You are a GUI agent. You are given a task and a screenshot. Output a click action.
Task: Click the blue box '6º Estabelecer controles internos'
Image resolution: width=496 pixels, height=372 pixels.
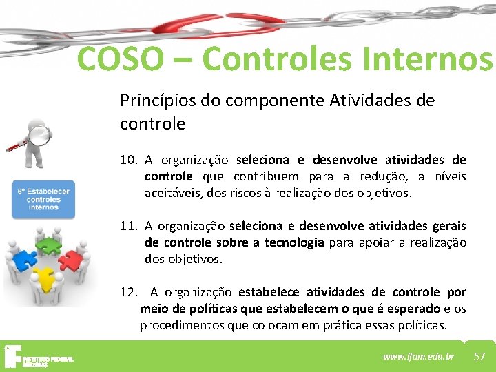[x=43, y=199]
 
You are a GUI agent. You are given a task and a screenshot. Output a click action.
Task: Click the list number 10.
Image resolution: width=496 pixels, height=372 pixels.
[x=128, y=160]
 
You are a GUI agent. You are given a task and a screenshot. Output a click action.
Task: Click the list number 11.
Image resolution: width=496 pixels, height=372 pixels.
[x=128, y=226]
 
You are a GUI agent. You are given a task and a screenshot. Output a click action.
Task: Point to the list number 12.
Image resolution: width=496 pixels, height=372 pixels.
[x=128, y=292]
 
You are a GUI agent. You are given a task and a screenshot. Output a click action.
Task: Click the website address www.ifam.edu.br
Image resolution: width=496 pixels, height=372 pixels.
[x=418, y=356]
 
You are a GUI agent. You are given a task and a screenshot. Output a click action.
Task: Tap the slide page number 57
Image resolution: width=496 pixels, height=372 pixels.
[x=479, y=356]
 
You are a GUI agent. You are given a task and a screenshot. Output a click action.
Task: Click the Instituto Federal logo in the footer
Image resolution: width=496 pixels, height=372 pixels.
[x=38, y=357]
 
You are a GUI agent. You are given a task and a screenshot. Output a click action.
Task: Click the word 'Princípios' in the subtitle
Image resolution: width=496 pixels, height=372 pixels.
[x=157, y=101]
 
